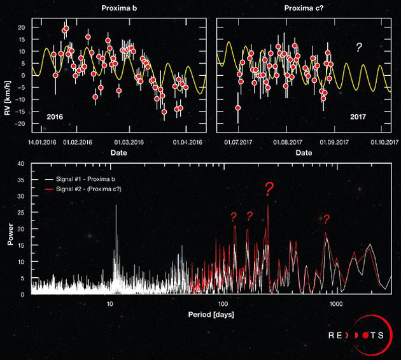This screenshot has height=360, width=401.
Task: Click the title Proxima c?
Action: coord(304,7)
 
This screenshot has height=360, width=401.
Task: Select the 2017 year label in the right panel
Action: coord(369,117)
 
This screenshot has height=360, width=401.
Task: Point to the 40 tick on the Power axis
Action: coord(21,164)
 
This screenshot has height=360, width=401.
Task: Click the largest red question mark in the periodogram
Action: coord(269,189)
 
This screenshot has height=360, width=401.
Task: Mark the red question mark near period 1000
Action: coord(327,220)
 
